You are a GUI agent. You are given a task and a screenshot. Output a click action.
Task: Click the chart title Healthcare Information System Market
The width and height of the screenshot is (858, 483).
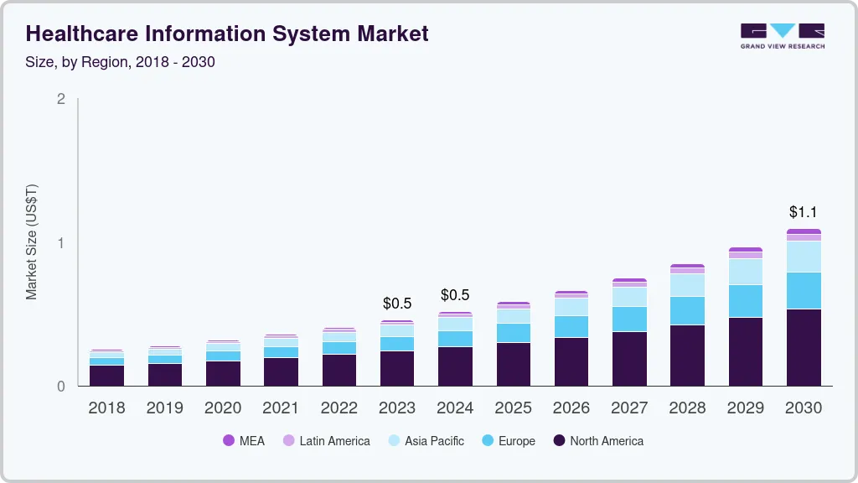[227, 34]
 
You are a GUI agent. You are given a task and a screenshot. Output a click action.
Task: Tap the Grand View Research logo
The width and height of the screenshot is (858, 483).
[782, 35]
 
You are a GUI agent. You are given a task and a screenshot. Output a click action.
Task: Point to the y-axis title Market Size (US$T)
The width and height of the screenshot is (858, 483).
[32, 241]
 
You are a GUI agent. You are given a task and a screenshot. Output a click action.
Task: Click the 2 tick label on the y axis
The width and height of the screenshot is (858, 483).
[60, 99]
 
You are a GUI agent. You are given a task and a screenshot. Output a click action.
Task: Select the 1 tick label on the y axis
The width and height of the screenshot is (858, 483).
[60, 243]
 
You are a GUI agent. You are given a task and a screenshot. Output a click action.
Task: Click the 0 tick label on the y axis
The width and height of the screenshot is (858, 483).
[60, 387]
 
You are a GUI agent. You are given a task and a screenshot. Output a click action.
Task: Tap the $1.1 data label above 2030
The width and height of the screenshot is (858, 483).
[804, 212]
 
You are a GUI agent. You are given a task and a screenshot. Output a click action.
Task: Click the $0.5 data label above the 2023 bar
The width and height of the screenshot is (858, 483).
[397, 303]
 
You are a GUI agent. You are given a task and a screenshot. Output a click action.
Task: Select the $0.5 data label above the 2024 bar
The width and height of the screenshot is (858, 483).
[455, 295]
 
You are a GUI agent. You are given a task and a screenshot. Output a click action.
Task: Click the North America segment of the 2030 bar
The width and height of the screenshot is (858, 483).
[804, 347]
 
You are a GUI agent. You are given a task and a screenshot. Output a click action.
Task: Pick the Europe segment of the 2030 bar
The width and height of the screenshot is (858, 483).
[804, 290]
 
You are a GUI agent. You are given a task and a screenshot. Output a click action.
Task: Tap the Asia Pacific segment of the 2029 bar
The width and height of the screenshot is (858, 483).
[746, 272]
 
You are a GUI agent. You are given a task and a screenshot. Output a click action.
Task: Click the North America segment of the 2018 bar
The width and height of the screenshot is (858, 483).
[106, 376]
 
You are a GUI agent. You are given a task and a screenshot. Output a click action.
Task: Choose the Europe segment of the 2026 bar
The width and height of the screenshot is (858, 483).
[571, 326]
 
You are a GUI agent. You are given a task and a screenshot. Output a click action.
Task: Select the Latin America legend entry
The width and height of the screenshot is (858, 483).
[326, 440]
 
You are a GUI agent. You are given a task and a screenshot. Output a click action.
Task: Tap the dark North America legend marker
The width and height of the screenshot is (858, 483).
[559, 440]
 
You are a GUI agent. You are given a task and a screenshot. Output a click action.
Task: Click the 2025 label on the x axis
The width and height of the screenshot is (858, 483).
[513, 408]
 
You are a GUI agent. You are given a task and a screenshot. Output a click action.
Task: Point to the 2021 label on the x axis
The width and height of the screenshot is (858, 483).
[281, 408]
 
